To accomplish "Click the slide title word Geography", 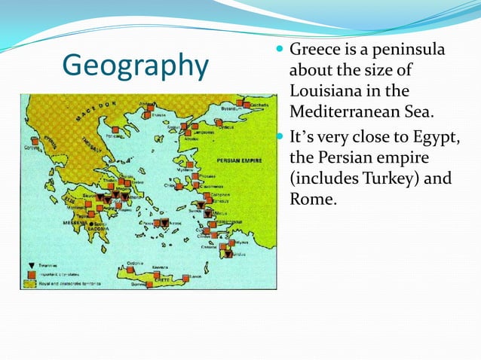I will pyautogui.click(x=135, y=66).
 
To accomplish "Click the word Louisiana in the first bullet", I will pyautogui.click(x=326, y=91).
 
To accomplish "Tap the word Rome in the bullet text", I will pyautogui.click(x=311, y=200).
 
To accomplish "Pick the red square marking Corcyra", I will pyautogui.click(x=35, y=142).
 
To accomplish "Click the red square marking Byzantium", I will pyautogui.click(x=240, y=102).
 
